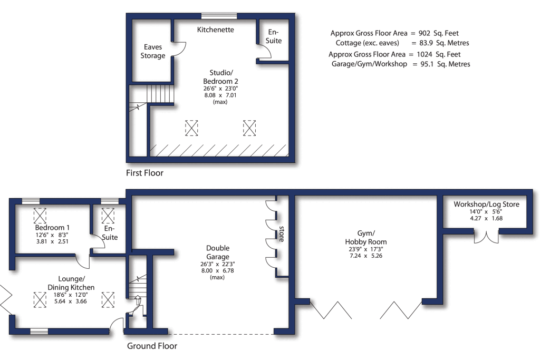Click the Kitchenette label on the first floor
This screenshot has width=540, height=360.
(x=215, y=30)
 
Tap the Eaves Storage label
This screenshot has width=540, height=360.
(x=152, y=52)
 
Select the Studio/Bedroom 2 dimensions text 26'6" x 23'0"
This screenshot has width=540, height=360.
(x=220, y=90)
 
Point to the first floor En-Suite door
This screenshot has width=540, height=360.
(x=265, y=52)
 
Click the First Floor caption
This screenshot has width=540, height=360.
(x=144, y=173)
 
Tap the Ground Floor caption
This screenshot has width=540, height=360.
(x=152, y=346)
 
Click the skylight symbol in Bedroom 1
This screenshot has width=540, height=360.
(x=40, y=216)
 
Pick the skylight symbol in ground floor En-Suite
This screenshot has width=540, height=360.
(x=108, y=216)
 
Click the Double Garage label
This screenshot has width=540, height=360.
(x=217, y=252)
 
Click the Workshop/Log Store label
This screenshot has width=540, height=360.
(x=486, y=205)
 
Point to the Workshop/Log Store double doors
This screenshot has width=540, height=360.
(x=486, y=236)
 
